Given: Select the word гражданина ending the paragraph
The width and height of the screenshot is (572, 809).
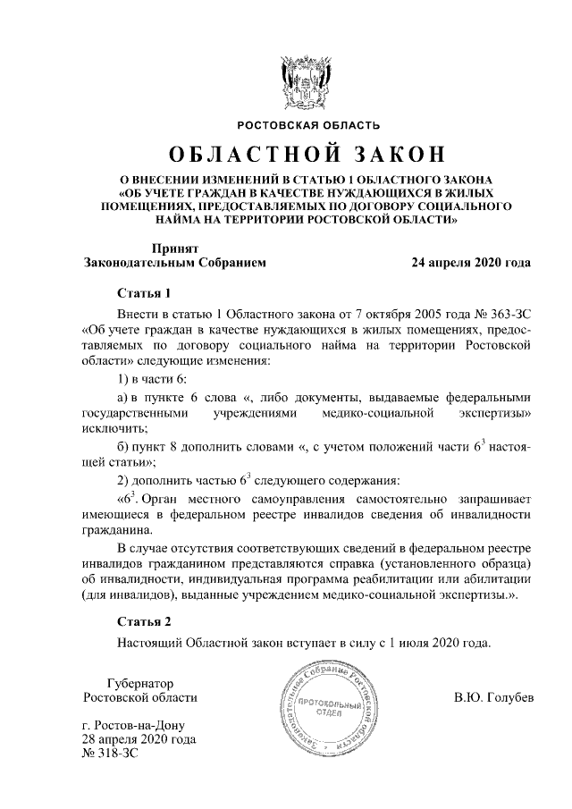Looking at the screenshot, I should pyautogui.click(x=114, y=528).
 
